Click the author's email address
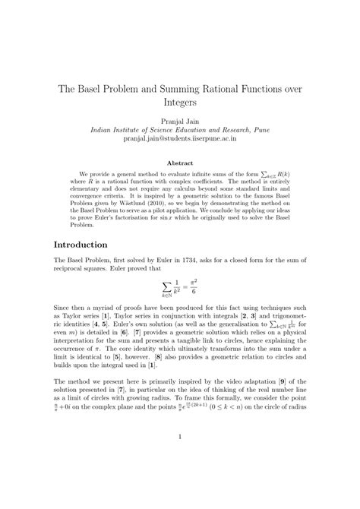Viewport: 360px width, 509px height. (179, 139)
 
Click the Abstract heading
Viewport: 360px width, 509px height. (180, 161)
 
